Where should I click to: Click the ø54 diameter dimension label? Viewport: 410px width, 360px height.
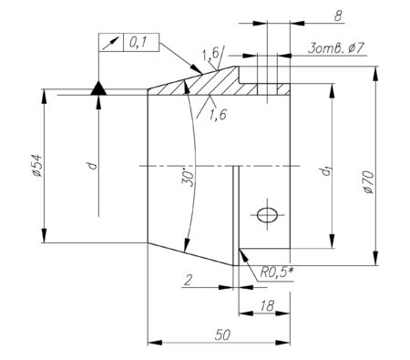37,166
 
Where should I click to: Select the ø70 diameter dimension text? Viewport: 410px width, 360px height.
368,182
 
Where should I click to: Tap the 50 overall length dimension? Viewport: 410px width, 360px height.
222,335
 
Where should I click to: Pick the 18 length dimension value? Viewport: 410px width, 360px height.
267,305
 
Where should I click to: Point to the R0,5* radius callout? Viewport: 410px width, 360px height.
276,273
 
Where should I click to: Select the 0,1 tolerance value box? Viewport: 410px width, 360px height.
141,42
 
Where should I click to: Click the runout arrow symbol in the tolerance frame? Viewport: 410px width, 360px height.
110,43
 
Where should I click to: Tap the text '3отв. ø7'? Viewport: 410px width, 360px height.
335,48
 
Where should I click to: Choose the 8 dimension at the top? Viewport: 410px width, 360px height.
338,16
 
